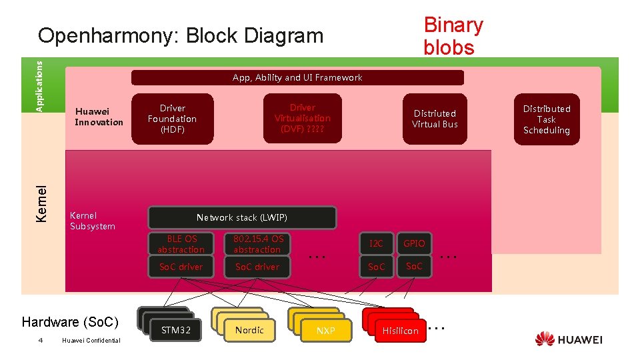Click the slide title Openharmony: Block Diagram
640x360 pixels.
pyautogui.click(x=180, y=35)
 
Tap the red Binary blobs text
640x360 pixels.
pyautogui.click(x=453, y=36)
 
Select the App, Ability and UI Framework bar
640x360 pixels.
pyautogui.click(x=297, y=78)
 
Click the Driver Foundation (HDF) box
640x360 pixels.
pyautogui.click(x=172, y=119)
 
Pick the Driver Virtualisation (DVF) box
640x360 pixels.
pyautogui.click(x=302, y=118)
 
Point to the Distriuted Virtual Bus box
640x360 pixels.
pyautogui.click(x=435, y=119)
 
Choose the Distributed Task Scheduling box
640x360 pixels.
pyautogui.click(x=546, y=119)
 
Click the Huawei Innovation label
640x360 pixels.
pyautogui.click(x=99, y=117)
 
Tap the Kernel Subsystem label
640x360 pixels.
pyautogui.click(x=93, y=221)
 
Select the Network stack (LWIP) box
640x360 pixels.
pyautogui.click(x=242, y=217)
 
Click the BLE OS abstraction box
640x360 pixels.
pyautogui.click(x=181, y=243)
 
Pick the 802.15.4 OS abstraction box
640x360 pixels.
pyautogui.click(x=257, y=243)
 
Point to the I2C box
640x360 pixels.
pyautogui.click(x=377, y=243)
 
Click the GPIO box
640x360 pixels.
pyautogui.click(x=414, y=243)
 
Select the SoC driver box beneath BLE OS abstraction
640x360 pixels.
pyautogui.click(x=181, y=267)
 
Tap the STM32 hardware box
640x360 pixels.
pyautogui.click(x=176, y=330)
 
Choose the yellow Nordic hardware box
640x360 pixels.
pyautogui.click(x=249, y=330)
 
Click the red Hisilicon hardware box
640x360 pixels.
pyautogui.click(x=400, y=331)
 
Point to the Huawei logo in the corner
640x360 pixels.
pyautogui.click(x=569, y=339)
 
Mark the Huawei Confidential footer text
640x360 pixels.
pyautogui.click(x=91, y=341)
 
